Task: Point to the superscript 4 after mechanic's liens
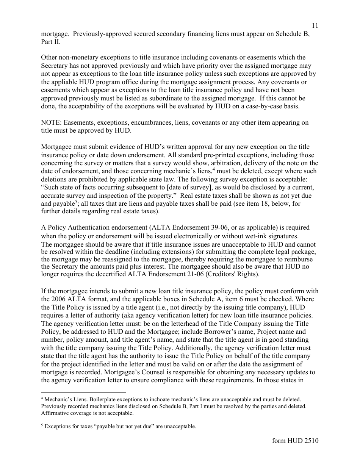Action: tap(214, 169)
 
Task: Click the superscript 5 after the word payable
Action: tap(76, 202)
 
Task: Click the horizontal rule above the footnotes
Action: tap(83, 393)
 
